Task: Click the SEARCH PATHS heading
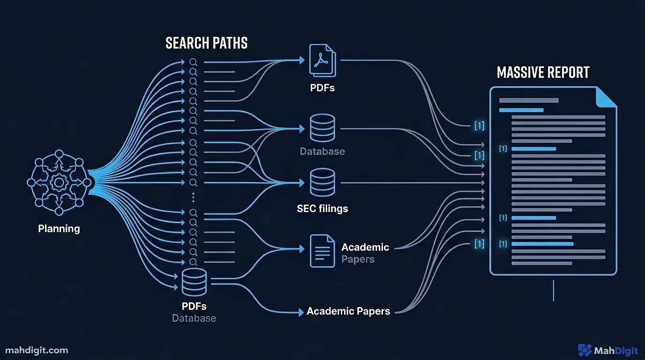(206, 43)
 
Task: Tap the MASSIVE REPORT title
(543, 73)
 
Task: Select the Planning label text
(59, 229)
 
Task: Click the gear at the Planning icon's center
(59, 181)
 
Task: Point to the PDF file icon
(322, 60)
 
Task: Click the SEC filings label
(322, 208)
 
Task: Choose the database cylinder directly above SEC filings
(322, 182)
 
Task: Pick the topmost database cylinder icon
(322, 127)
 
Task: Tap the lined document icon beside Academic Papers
(322, 251)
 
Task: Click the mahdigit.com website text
(37, 350)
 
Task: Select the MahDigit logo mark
(585, 350)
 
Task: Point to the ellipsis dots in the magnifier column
(193, 197)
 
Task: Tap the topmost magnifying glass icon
(193, 62)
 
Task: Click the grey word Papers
(358, 259)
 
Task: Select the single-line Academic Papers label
(348, 311)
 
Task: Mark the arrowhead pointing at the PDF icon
(301, 60)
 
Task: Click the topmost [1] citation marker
(479, 125)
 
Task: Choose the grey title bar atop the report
(529, 100)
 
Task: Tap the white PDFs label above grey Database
(194, 306)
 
